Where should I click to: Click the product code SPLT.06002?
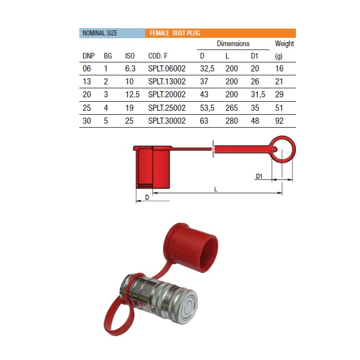(x=166, y=69)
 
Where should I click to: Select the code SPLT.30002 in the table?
(x=166, y=121)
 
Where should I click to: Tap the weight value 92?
(x=279, y=121)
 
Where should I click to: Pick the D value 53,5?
(x=207, y=108)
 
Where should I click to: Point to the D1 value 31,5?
(x=258, y=94)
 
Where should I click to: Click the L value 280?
(x=231, y=121)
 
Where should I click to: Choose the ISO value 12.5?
(x=132, y=94)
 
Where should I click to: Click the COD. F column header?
(x=157, y=56)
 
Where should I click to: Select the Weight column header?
(x=284, y=44)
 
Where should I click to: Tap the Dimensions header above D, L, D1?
(x=233, y=44)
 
